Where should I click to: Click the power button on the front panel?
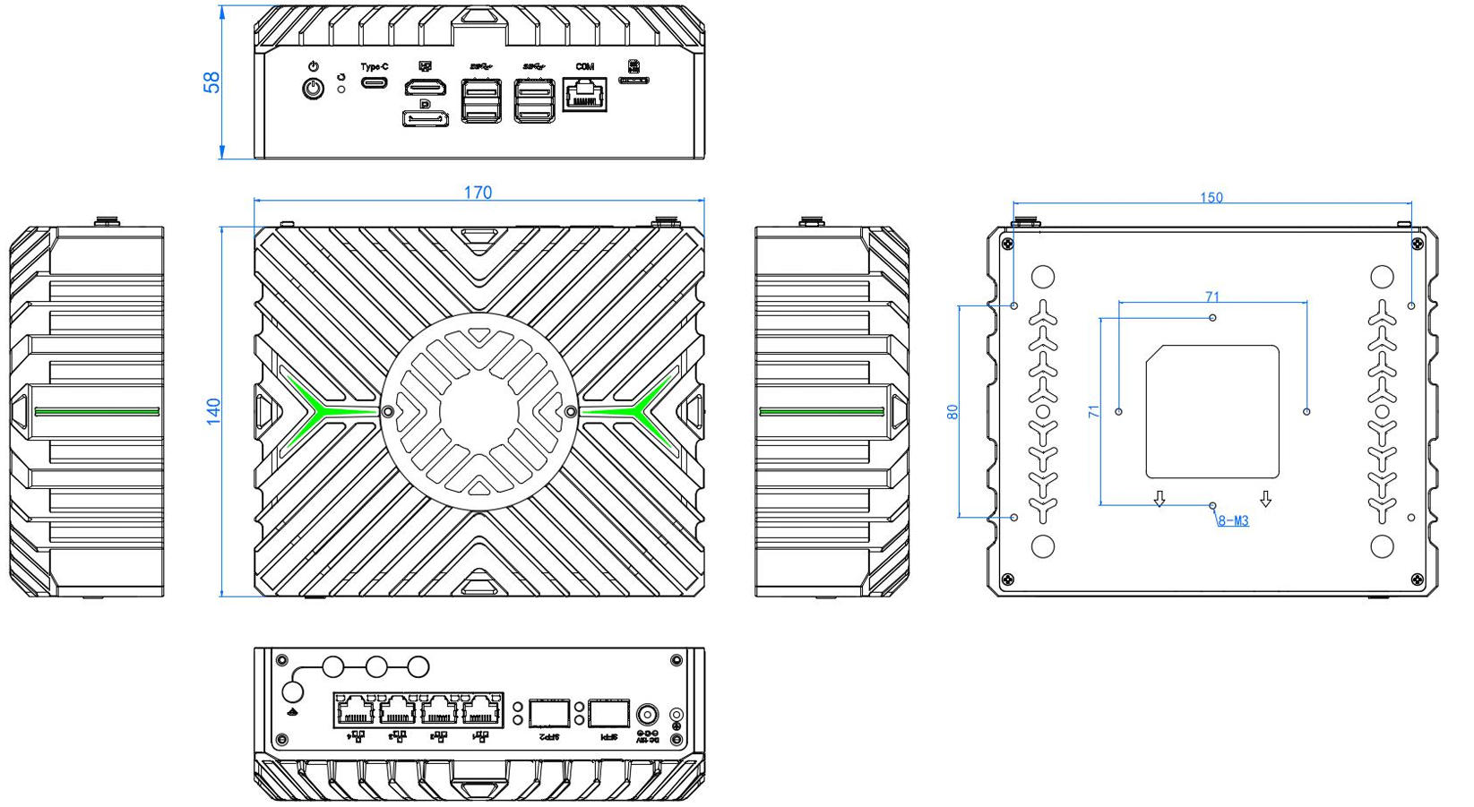313,89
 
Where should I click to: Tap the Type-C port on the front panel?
375,82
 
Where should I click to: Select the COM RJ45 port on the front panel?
584,94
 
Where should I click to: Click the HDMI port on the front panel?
427,88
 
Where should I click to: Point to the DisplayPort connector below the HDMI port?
426,118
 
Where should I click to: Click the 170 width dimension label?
478,193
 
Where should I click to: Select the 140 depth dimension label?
213,411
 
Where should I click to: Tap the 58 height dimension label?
211,82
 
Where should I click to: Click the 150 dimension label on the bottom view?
1211,198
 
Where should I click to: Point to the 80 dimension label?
952,412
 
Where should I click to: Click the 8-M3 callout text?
1233,521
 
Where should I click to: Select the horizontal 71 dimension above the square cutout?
1212,297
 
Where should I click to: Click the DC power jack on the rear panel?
647,715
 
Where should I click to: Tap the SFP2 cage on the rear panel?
549,713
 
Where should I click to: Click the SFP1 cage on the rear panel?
609,713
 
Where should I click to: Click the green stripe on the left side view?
97,412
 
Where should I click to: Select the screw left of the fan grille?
388,411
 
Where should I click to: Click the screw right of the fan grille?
572,411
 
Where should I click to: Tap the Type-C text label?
375,66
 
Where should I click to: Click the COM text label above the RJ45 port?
584,66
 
